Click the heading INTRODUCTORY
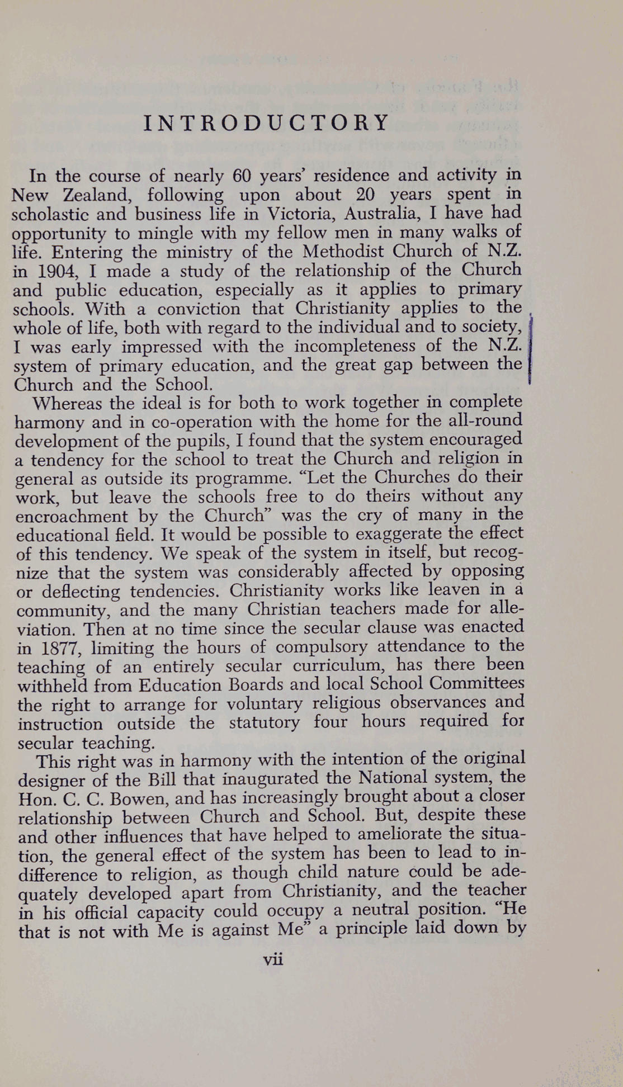click(x=266, y=123)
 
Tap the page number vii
click(x=273, y=960)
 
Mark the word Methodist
click(x=343, y=252)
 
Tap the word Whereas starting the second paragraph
click(x=67, y=404)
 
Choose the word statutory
click(x=264, y=723)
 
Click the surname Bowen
click(x=140, y=799)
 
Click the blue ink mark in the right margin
click(x=530, y=351)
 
